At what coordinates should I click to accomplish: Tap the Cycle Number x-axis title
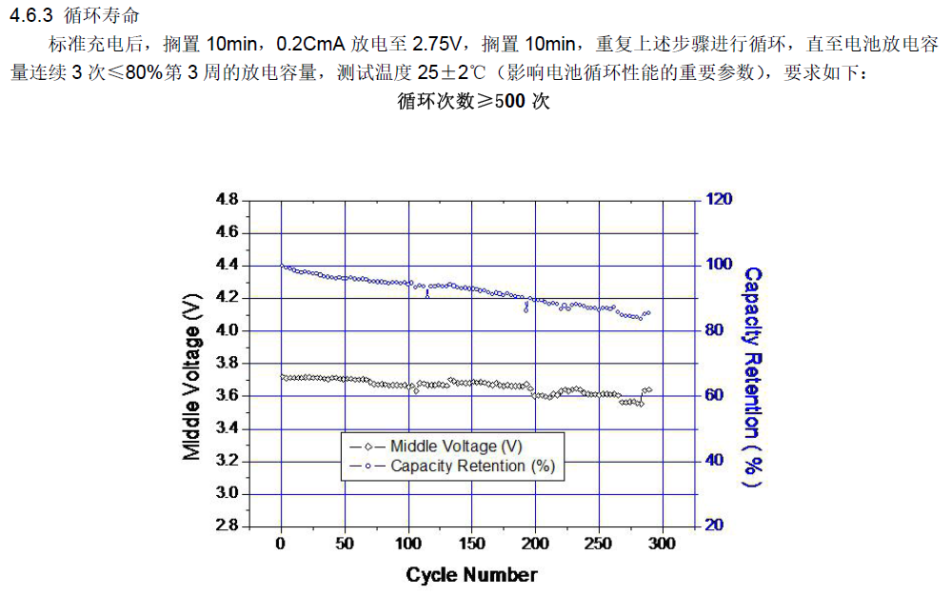click(x=471, y=575)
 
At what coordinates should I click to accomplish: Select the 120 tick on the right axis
click(x=719, y=200)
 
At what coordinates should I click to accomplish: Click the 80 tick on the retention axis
click(x=715, y=330)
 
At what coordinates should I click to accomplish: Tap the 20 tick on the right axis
click(x=715, y=526)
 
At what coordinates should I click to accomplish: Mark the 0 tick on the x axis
click(x=281, y=544)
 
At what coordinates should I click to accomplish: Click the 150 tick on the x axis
click(x=471, y=544)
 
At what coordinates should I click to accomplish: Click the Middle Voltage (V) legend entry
click(x=456, y=446)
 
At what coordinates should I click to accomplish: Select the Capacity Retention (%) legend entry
click(x=472, y=466)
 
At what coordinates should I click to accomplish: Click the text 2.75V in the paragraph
click(x=437, y=45)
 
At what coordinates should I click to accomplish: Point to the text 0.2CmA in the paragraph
click(x=310, y=45)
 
